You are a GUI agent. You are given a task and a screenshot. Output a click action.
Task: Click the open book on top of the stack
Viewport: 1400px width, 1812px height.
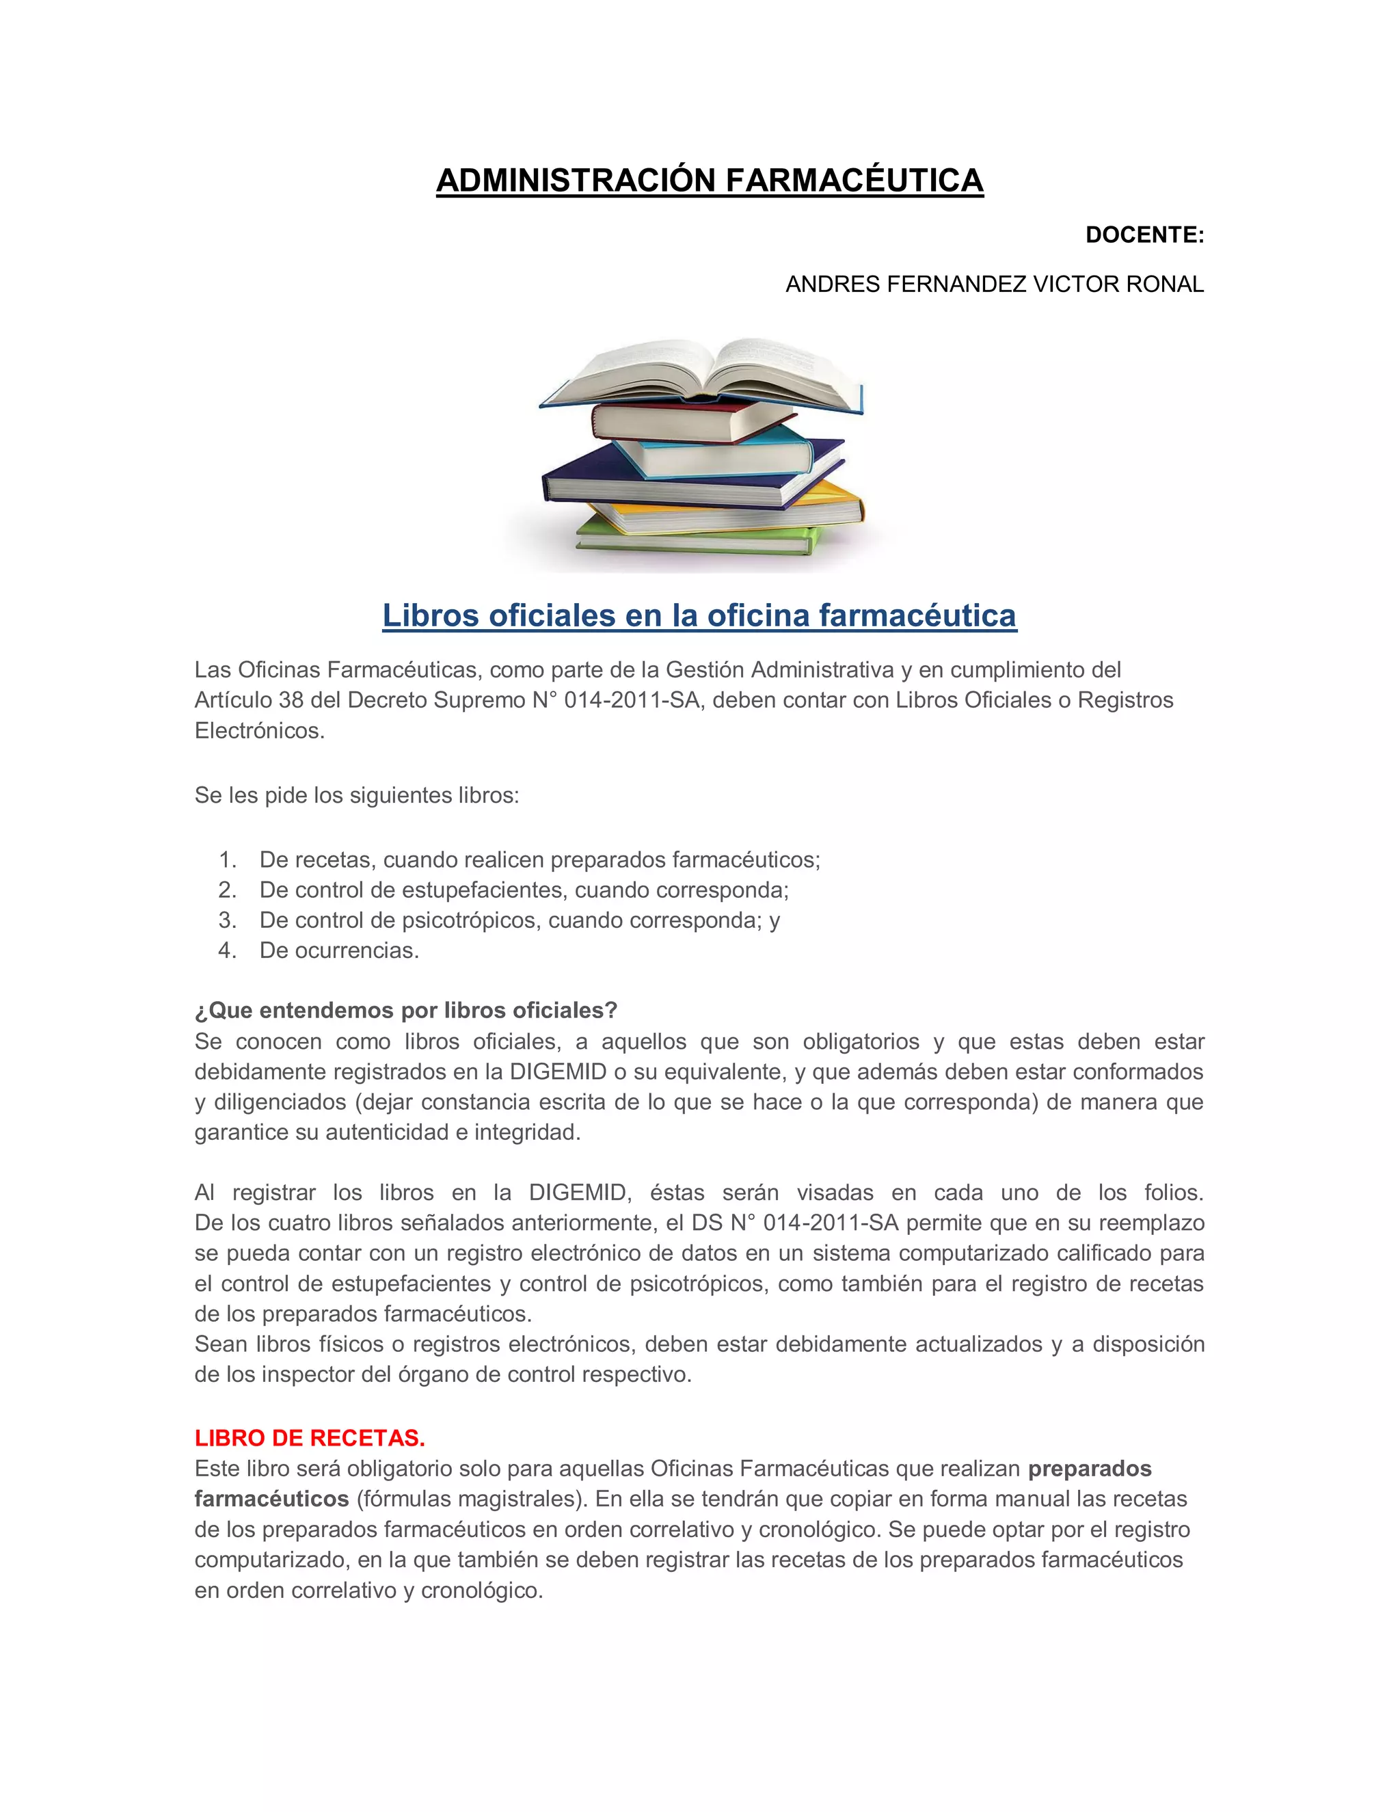[701, 373]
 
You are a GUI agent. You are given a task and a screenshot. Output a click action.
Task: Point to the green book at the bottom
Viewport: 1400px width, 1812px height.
[697, 540]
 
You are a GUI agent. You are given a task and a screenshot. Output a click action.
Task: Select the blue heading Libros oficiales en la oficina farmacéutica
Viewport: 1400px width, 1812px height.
[699, 615]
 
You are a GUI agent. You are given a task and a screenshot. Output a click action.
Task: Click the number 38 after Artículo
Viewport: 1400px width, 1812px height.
[291, 700]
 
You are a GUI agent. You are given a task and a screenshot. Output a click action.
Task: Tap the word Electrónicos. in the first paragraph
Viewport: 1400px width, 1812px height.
[260, 731]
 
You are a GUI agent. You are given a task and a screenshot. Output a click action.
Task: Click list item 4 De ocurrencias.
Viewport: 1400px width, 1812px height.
[339, 951]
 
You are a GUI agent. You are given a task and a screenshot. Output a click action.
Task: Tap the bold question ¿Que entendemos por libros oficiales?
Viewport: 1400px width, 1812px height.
[405, 1011]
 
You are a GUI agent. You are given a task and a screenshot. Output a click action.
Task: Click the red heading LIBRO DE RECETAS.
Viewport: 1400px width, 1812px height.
[310, 1438]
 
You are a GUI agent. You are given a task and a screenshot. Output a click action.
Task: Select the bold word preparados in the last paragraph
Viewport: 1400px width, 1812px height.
[1089, 1469]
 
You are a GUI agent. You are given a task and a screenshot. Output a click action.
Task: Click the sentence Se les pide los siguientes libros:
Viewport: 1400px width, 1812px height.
[357, 796]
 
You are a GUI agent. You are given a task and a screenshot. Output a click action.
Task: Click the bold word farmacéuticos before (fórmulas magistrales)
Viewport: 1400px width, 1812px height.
[271, 1500]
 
